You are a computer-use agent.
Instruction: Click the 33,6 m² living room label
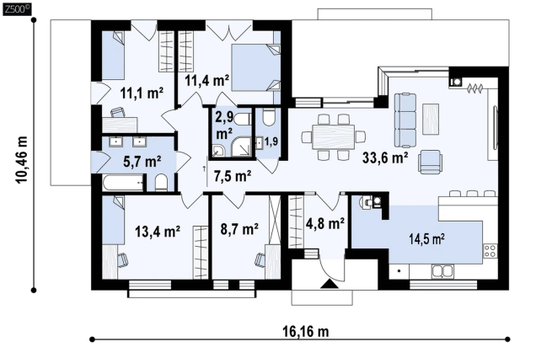385,157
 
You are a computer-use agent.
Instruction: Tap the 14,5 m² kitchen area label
426,239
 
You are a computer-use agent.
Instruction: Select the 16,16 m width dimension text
306,331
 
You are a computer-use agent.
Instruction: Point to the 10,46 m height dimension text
21,160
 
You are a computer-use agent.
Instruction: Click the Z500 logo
17,9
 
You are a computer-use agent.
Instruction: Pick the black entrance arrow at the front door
330,284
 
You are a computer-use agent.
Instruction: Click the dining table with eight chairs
334,136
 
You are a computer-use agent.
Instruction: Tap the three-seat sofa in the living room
405,120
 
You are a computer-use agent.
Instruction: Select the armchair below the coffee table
430,162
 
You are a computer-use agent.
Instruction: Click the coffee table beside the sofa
431,119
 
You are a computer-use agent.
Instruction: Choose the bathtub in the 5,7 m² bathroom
124,184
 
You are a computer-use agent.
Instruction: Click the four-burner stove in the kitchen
490,250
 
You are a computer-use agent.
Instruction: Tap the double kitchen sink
443,271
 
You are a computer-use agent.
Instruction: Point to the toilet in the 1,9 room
269,117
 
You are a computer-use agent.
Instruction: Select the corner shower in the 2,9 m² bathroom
241,147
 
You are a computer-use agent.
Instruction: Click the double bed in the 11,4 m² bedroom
255,67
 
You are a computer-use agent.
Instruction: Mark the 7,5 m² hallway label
233,175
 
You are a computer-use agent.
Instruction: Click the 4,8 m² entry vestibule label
325,223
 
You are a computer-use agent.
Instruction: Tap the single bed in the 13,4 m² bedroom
114,220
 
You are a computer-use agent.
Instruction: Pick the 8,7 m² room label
239,229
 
